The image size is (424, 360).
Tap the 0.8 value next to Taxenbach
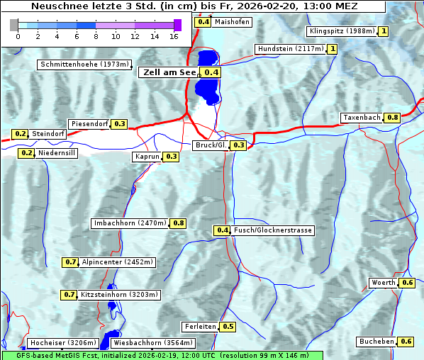tap(392, 117)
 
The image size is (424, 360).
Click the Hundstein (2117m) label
tap(291, 49)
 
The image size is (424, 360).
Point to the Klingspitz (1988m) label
tap(341, 31)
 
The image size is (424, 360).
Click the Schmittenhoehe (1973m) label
tap(84, 64)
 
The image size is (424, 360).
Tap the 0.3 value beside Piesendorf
tap(120, 124)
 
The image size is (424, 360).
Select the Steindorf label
tap(49, 134)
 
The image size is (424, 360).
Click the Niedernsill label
tap(57, 152)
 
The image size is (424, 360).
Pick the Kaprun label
tap(147, 157)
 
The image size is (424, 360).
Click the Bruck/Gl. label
tap(211, 145)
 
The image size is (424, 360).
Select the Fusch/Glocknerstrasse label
tap(273, 230)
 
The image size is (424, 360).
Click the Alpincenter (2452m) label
tap(118, 261)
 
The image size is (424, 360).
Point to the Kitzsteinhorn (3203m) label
tap(120, 294)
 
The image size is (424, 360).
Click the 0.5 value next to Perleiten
tap(228, 327)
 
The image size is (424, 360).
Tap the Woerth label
tap(384, 283)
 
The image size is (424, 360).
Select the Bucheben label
tap(376, 342)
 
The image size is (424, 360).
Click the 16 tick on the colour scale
tap(174, 35)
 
